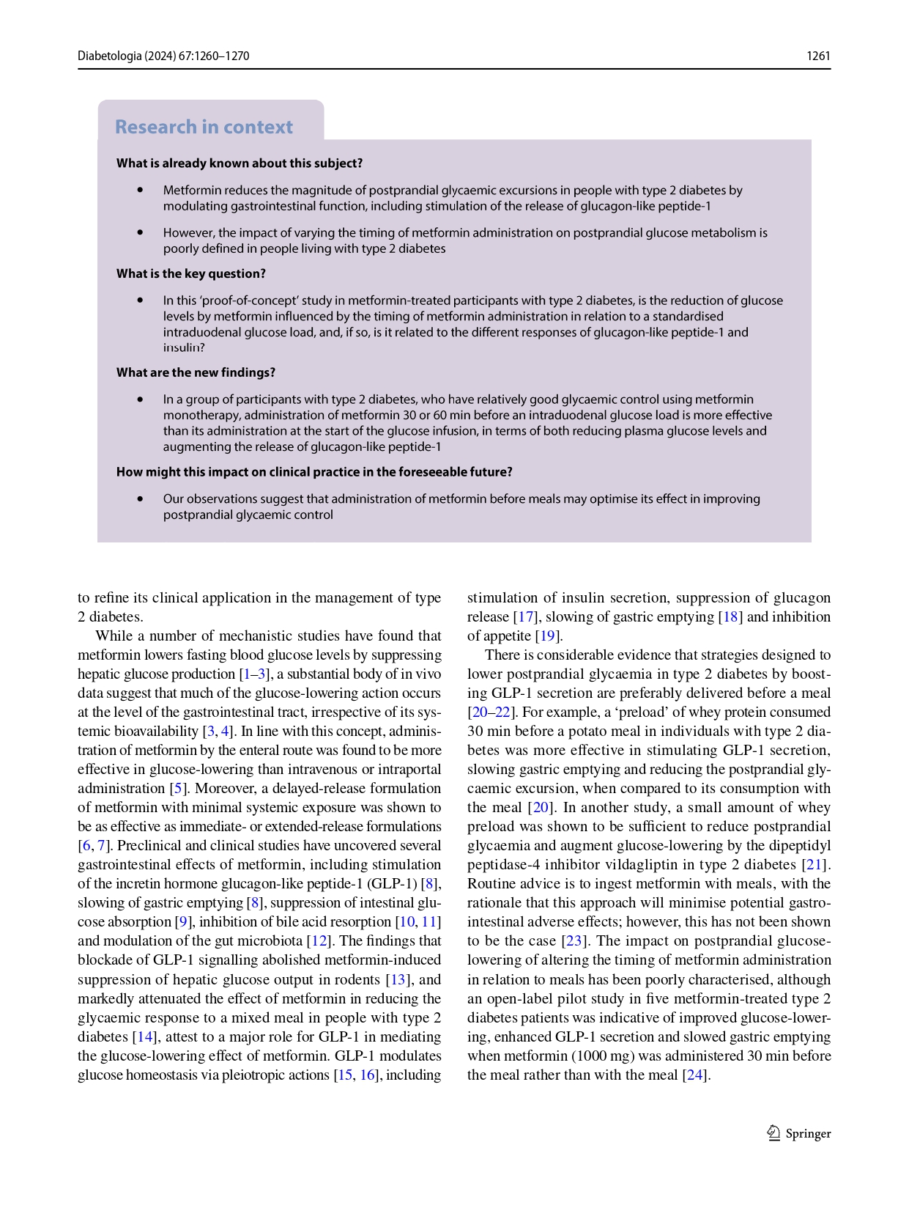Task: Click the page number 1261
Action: tap(818, 56)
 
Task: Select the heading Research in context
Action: tap(204, 127)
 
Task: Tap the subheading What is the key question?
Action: tap(190, 273)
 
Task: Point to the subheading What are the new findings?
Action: tap(196, 372)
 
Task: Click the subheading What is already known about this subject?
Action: tap(239, 163)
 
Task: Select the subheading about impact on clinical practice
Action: tap(313, 471)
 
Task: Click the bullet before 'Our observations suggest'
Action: tap(140, 499)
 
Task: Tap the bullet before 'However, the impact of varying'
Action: tap(140, 232)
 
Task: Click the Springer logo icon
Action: tap(773, 1133)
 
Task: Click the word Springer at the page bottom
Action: tap(808, 1133)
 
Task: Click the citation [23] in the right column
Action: tap(575, 940)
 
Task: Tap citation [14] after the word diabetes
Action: tap(144, 1036)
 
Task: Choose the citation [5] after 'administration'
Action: tap(178, 788)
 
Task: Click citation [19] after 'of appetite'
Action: tap(548, 636)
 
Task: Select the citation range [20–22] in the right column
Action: tap(491, 712)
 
